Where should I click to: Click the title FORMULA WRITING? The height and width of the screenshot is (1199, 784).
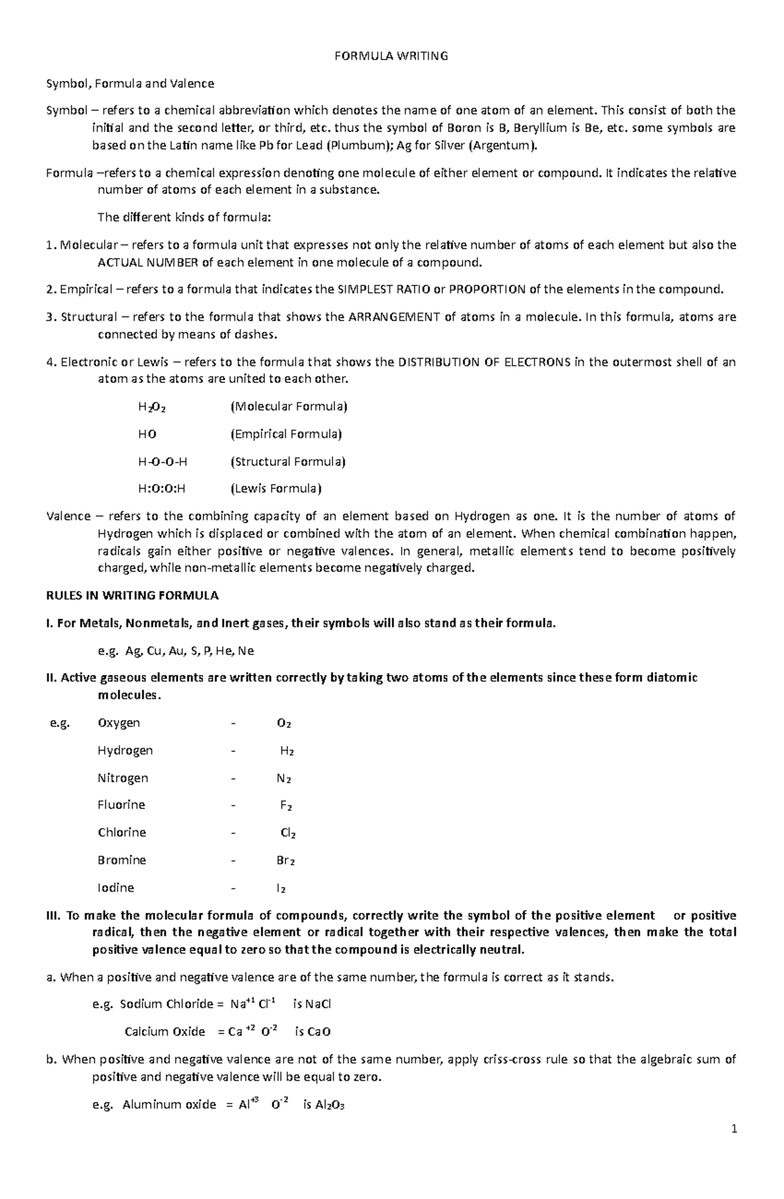coord(391,56)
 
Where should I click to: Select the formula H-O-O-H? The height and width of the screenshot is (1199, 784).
coord(163,462)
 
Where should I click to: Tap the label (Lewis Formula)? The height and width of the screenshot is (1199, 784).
coord(276,489)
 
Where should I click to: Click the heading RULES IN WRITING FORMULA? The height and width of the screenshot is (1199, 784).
coord(133,595)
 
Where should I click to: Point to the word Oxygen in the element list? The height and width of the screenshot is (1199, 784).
coord(118,723)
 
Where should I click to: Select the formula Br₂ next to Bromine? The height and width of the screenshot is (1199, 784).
coord(286,861)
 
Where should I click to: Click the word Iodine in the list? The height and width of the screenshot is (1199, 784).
coord(116,888)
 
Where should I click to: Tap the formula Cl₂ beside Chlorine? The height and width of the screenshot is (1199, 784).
coord(288,833)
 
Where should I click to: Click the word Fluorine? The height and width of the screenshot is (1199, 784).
coord(121,805)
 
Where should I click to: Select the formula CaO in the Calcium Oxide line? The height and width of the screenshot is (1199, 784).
coord(318,1032)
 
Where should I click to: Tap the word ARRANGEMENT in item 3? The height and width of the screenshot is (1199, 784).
coord(394,318)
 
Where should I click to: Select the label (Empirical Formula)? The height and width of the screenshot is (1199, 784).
coord(286,435)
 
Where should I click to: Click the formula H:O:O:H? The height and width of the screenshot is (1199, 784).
coord(162,489)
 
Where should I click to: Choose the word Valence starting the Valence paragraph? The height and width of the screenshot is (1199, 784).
coord(69,516)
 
